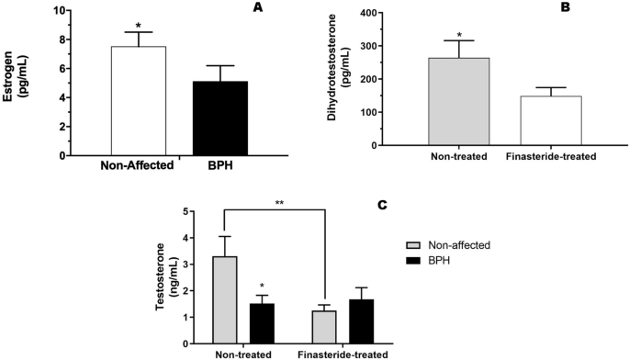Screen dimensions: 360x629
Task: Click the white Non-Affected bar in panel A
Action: [x=138, y=101]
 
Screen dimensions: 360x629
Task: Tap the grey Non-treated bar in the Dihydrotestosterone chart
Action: [x=458, y=101]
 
